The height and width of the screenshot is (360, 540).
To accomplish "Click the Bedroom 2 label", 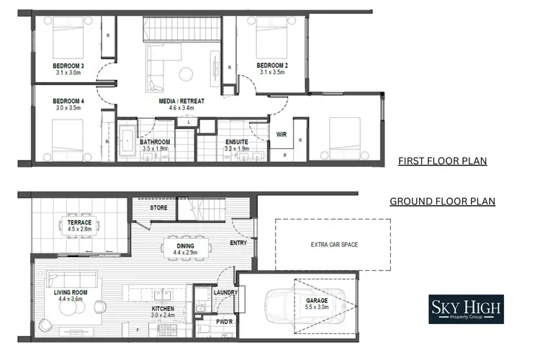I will pos(271,66).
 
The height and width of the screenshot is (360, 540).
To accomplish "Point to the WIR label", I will pos(282,135).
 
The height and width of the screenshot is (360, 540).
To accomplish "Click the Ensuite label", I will pos(237,142).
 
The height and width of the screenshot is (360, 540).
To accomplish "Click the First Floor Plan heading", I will pos(442,161).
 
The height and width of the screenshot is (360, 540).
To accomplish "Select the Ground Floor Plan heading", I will pos(442,201).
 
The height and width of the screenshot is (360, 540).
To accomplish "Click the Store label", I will pos(158,208).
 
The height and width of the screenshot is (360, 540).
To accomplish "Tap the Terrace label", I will pos(80,223).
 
